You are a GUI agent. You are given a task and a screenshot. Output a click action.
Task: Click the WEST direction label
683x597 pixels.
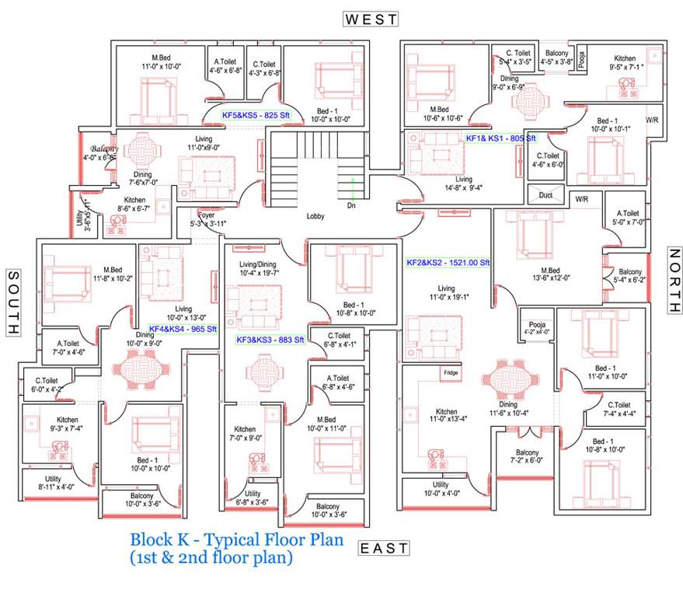point(371,19)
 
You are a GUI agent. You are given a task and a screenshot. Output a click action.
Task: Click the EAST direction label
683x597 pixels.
point(383,548)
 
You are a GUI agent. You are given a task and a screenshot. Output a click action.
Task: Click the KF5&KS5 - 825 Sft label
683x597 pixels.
point(250,115)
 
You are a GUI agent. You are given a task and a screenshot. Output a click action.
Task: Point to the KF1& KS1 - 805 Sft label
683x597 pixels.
point(500,138)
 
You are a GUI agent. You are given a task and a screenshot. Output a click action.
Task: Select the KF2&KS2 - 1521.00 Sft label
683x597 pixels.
point(448,263)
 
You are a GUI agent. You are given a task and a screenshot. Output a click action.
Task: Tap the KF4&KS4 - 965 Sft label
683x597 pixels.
point(183,329)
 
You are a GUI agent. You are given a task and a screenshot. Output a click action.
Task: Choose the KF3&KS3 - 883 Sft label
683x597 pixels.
point(270,340)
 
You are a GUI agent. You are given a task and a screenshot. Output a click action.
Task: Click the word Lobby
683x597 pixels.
point(315,216)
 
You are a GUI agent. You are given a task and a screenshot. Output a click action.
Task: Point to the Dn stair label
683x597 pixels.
point(350,206)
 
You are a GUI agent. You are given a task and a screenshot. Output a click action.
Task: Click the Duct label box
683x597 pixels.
point(545,195)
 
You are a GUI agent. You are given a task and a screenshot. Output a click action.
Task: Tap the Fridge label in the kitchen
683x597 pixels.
point(450,373)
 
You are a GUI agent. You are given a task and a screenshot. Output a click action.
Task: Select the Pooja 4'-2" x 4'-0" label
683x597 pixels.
point(538,327)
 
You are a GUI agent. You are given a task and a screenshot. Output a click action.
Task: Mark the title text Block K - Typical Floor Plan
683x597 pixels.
point(236,539)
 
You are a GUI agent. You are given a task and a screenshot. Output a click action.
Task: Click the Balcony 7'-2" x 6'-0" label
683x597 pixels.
point(527,457)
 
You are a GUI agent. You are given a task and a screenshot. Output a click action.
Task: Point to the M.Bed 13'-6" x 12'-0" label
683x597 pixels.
point(529,272)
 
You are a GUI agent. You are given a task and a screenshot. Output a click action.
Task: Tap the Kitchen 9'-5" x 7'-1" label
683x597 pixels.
point(625,62)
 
